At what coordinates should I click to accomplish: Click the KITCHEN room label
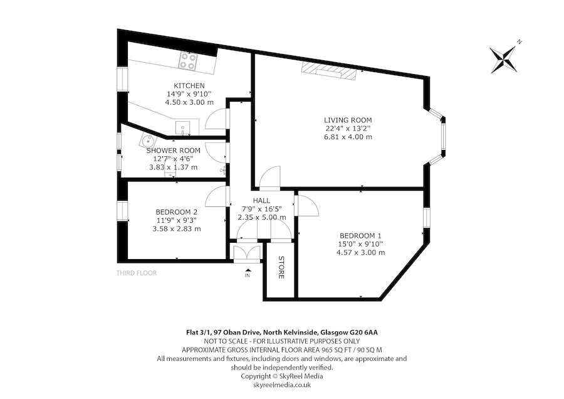coord(189,86)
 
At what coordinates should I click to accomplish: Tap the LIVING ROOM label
coord(348,120)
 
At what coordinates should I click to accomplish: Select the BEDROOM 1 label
coord(360,236)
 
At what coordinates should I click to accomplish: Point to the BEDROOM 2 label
coord(176,212)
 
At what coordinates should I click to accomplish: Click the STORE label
coord(281,267)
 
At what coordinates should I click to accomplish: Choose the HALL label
coord(261,201)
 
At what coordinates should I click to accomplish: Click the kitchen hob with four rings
coord(189,60)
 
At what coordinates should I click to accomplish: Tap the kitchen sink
coord(183,128)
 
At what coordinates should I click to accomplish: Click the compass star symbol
coord(504,58)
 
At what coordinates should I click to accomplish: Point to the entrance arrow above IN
coord(248,270)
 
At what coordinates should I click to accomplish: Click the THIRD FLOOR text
coord(137,273)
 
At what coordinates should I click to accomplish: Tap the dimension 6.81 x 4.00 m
coord(348,137)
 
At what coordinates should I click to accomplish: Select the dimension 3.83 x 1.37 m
coord(174,168)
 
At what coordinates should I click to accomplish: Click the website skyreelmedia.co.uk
coord(282,385)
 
